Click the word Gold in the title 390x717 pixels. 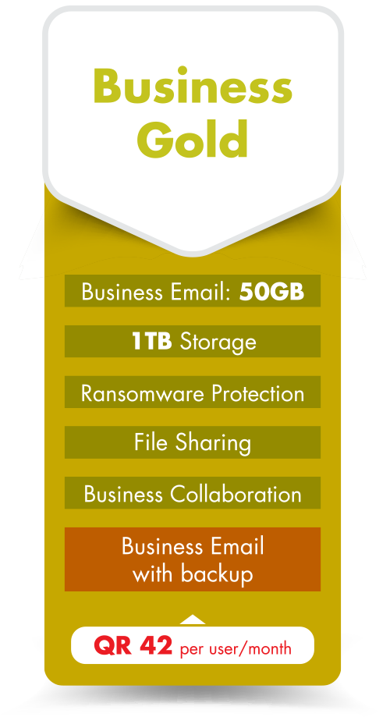tap(193, 138)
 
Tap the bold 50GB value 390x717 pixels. tap(271, 292)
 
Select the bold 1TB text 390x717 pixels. tap(152, 342)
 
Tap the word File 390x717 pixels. tap(151, 442)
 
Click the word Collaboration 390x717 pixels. tap(236, 494)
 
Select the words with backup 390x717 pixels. tap(193, 574)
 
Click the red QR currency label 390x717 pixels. tap(112, 646)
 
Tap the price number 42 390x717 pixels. tap(156, 645)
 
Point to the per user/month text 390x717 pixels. tap(236, 648)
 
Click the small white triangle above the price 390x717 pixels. tap(193, 619)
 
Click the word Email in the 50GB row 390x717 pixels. tap(200, 292)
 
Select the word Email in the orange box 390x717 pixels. tap(234, 546)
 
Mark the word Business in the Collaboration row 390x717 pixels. tap(123, 494)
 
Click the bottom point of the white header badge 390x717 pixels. tap(193, 253)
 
